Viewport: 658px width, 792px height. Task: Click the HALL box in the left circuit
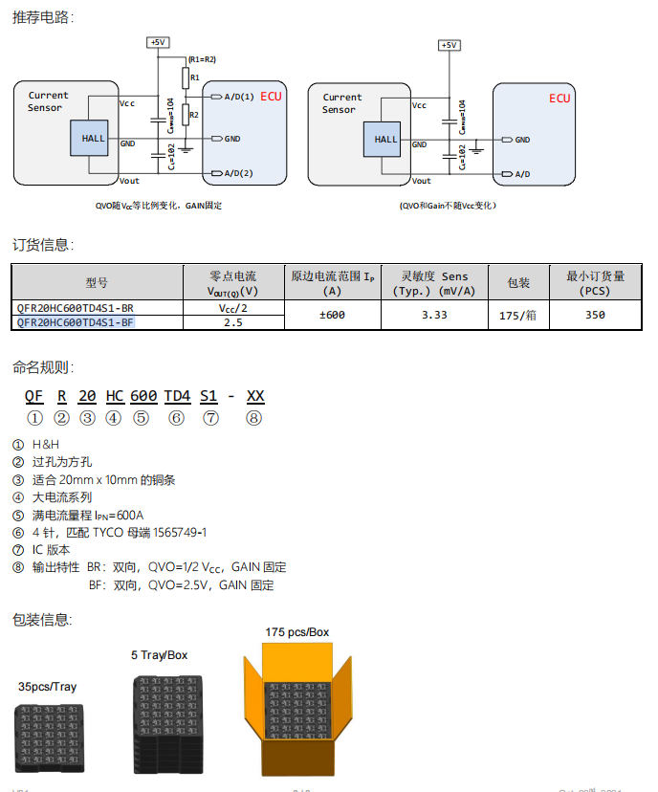pyautogui.click(x=94, y=139)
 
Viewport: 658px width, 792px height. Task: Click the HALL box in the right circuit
pyautogui.click(x=385, y=140)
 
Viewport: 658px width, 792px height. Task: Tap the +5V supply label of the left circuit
pyautogui.click(x=158, y=42)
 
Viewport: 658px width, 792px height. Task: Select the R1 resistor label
pyautogui.click(x=195, y=77)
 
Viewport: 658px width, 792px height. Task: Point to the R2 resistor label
pyautogui.click(x=194, y=115)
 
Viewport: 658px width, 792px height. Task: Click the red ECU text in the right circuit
pyautogui.click(x=559, y=99)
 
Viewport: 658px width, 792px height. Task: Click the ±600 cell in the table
pyautogui.click(x=332, y=315)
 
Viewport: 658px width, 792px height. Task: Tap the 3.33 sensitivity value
pyautogui.click(x=434, y=315)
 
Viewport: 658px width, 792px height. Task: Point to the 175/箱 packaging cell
pyautogui.click(x=518, y=315)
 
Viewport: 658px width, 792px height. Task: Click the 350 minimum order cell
pyautogui.click(x=595, y=315)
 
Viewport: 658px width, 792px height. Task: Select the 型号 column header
pyautogui.click(x=97, y=283)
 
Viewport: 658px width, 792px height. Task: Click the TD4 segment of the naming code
pyautogui.click(x=177, y=396)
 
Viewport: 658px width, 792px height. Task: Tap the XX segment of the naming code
pyautogui.click(x=255, y=396)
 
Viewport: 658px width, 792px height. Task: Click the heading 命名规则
pyautogui.click(x=43, y=367)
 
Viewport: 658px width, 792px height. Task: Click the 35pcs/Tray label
pyautogui.click(x=47, y=687)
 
